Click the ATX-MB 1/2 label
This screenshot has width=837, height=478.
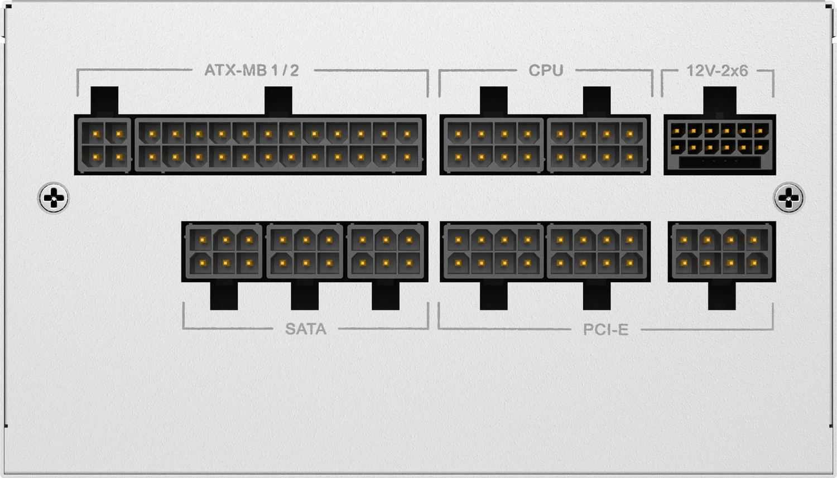point(252,70)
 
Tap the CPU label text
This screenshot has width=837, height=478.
point(546,70)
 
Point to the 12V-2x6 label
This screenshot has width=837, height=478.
point(717,71)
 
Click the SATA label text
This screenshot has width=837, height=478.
point(306,329)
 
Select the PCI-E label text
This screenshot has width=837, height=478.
point(605,330)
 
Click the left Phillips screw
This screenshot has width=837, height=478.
point(54,198)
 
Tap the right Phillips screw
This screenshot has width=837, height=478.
point(789,198)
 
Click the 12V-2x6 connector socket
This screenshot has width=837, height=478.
point(720,145)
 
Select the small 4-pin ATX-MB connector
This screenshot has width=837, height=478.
point(104,145)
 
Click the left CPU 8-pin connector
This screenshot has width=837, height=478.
point(493,145)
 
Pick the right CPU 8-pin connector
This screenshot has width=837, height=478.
point(597,145)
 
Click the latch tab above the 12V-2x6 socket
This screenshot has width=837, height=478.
point(720,101)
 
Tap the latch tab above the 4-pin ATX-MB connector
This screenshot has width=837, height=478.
point(104,101)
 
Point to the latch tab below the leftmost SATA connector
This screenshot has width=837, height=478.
point(224,296)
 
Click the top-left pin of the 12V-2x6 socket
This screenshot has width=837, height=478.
point(677,131)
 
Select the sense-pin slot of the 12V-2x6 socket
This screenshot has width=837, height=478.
point(720,162)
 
